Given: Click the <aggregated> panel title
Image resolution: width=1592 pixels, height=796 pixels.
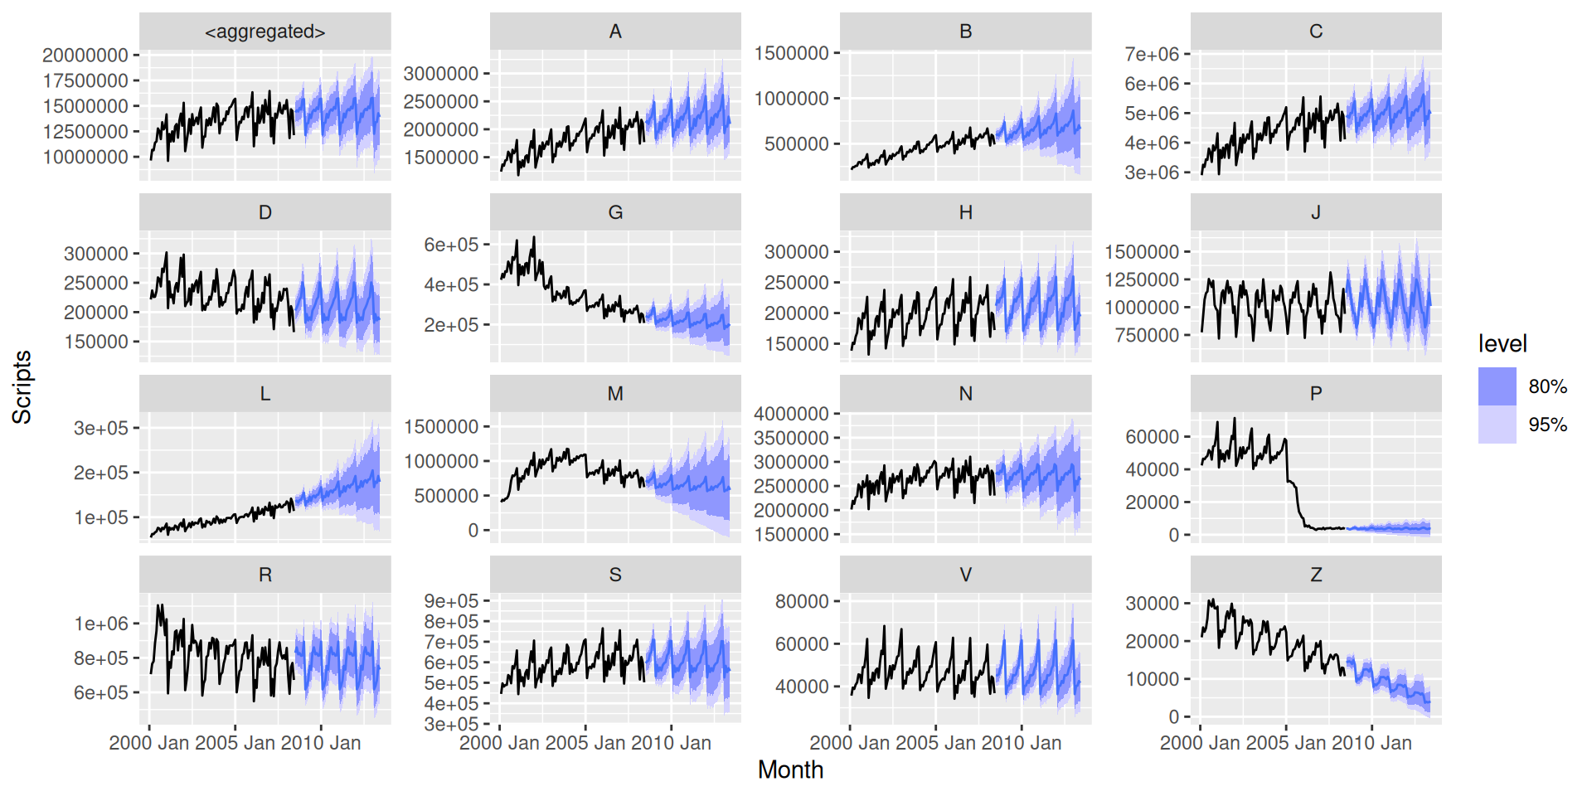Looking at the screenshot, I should coord(265,32).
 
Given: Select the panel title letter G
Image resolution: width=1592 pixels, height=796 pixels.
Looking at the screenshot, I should coord(615,213).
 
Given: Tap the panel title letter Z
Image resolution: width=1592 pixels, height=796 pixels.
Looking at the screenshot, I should coord(1316,575).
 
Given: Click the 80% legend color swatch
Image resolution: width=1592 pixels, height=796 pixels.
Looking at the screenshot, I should coord(1497,386).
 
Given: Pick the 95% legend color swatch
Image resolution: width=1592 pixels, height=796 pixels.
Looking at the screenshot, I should coord(1497,425).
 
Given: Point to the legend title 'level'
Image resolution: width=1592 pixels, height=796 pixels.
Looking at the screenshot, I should coord(1502,343).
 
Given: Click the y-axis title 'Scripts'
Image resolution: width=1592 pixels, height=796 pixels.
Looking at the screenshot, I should coord(22,386).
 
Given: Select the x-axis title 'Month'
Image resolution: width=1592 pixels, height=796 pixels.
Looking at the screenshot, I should coord(790,769).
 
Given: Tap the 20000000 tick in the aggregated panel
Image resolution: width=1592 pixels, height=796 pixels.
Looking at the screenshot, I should coord(85,56).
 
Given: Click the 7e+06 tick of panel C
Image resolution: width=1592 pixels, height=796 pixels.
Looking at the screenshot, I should coord(1152,55).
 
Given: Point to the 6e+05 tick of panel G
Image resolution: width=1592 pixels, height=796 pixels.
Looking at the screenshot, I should coord(451,245).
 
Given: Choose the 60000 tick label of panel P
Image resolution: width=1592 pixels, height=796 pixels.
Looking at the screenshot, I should coord(1152,437).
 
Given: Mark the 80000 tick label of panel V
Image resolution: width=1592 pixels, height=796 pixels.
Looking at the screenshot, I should coord(802,601).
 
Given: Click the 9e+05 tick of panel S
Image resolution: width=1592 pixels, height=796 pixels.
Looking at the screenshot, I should coord(451,601).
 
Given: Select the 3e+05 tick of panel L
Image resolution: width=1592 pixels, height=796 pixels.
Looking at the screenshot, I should coord(101,429).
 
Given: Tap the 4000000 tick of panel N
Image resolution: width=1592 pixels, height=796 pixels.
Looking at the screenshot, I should coord(791,414).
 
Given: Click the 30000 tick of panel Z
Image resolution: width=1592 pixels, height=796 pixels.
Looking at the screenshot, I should coord(1152,604).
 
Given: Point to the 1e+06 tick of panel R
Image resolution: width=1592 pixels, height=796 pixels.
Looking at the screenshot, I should coord(101,624).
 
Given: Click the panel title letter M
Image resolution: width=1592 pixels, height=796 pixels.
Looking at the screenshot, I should coord(615,394).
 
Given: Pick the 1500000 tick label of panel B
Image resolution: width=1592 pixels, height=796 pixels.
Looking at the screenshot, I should coord(791,53).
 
